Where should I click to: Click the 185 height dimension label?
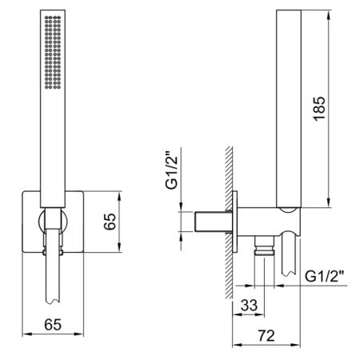coord(319,109)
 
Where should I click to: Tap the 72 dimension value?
coord(266,336)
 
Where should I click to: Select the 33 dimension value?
coord(249,306)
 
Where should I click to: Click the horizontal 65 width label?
coord(53,325)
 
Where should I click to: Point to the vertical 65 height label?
coord(110,222)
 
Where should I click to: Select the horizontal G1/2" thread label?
coord(324,277)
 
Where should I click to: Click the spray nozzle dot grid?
coord(53,52)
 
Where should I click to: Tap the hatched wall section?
coord(229,222)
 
